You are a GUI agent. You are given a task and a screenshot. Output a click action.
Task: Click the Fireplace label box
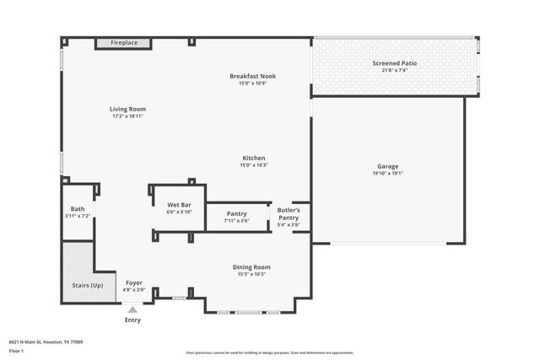122,43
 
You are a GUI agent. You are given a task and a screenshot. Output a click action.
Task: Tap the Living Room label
127,109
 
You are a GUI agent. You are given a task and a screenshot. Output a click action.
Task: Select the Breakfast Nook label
252,76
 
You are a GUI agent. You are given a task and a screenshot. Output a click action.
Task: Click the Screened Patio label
394,63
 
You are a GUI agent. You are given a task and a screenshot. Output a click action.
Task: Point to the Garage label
387,166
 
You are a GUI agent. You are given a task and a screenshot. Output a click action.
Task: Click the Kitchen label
254,158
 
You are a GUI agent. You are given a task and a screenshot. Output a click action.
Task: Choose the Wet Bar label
179,205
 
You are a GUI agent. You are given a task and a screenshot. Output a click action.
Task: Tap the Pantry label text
236,215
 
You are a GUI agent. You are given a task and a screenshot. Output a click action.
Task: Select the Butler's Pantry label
289,213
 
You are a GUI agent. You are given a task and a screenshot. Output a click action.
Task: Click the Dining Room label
251,267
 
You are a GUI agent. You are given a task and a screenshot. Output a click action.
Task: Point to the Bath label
78,209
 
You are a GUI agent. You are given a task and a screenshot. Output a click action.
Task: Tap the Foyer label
134,282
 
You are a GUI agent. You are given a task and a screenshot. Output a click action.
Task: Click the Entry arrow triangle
132,309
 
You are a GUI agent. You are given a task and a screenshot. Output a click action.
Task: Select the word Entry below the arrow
132,320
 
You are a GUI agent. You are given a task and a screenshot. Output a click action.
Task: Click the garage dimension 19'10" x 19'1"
387,173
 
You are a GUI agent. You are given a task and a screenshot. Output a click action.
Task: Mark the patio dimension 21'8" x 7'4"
394,70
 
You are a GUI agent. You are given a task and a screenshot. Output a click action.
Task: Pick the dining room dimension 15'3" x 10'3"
251,274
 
